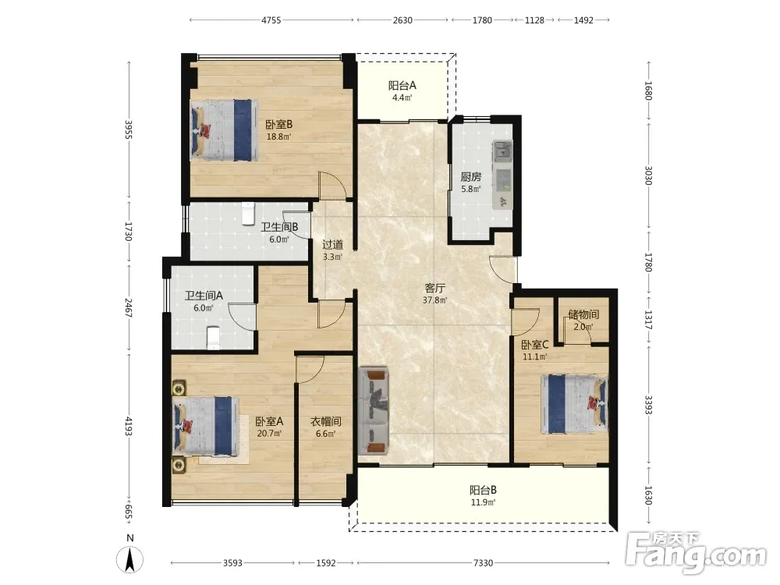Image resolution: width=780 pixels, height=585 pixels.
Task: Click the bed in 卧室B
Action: click(225, 129)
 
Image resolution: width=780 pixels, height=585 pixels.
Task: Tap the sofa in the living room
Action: click(373, 411)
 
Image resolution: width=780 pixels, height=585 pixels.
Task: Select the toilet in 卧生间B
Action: click(248, 213)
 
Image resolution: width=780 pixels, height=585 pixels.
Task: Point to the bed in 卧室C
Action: click(575, 403)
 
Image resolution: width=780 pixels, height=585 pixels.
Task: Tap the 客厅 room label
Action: click(434, 288)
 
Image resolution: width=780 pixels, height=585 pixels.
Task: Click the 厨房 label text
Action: click(470, 176)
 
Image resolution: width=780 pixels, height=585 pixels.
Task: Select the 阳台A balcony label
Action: click(402, 85)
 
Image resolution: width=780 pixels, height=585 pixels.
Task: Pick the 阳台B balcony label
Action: click(483, 490)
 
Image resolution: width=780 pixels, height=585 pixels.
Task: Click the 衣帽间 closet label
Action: click(326, 421)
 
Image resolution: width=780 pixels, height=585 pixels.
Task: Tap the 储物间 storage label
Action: click(583, 314)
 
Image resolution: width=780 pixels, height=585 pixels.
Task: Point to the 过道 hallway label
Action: click(332, 245)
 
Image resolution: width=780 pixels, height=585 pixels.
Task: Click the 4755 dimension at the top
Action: click(271, 20)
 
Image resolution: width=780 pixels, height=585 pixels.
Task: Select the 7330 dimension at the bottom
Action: click(483, 563)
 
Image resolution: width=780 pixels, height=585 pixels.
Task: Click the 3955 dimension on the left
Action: click(129, 129)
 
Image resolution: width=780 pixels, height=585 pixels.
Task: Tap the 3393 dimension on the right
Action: click(648, 405)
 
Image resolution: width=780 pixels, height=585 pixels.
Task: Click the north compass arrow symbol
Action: click(129, 559)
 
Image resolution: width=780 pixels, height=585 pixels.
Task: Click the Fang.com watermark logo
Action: click(697, 551)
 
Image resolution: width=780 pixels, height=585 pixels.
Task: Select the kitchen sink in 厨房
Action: click(502, 151)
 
